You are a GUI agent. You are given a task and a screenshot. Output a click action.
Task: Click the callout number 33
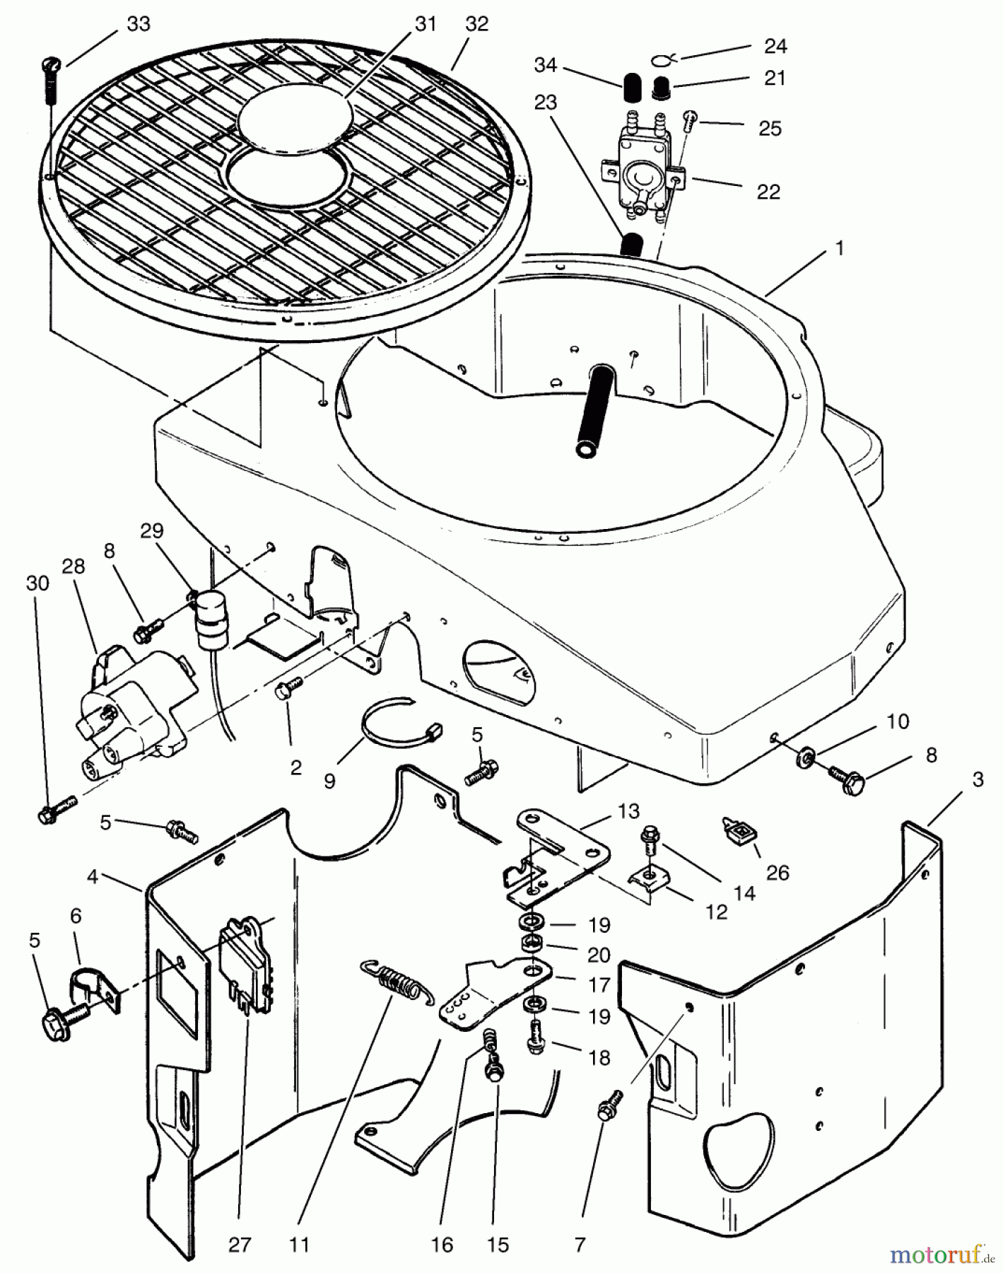(x=139, y=24)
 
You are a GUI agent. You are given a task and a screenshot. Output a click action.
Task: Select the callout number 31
(x=425, y=24)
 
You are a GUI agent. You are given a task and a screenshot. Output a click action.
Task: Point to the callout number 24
(x=775, y=46)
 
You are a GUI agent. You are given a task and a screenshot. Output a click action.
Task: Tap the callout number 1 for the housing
(x=839, y=248)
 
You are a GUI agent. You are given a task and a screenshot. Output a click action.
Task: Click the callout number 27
(x=240, y=1244)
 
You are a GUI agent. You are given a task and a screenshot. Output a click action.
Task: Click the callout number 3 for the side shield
(x=978, y=780)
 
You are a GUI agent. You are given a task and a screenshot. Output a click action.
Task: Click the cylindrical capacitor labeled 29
(x=208, y=619)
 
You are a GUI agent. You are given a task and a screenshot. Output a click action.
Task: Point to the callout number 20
(x=599, y=955)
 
